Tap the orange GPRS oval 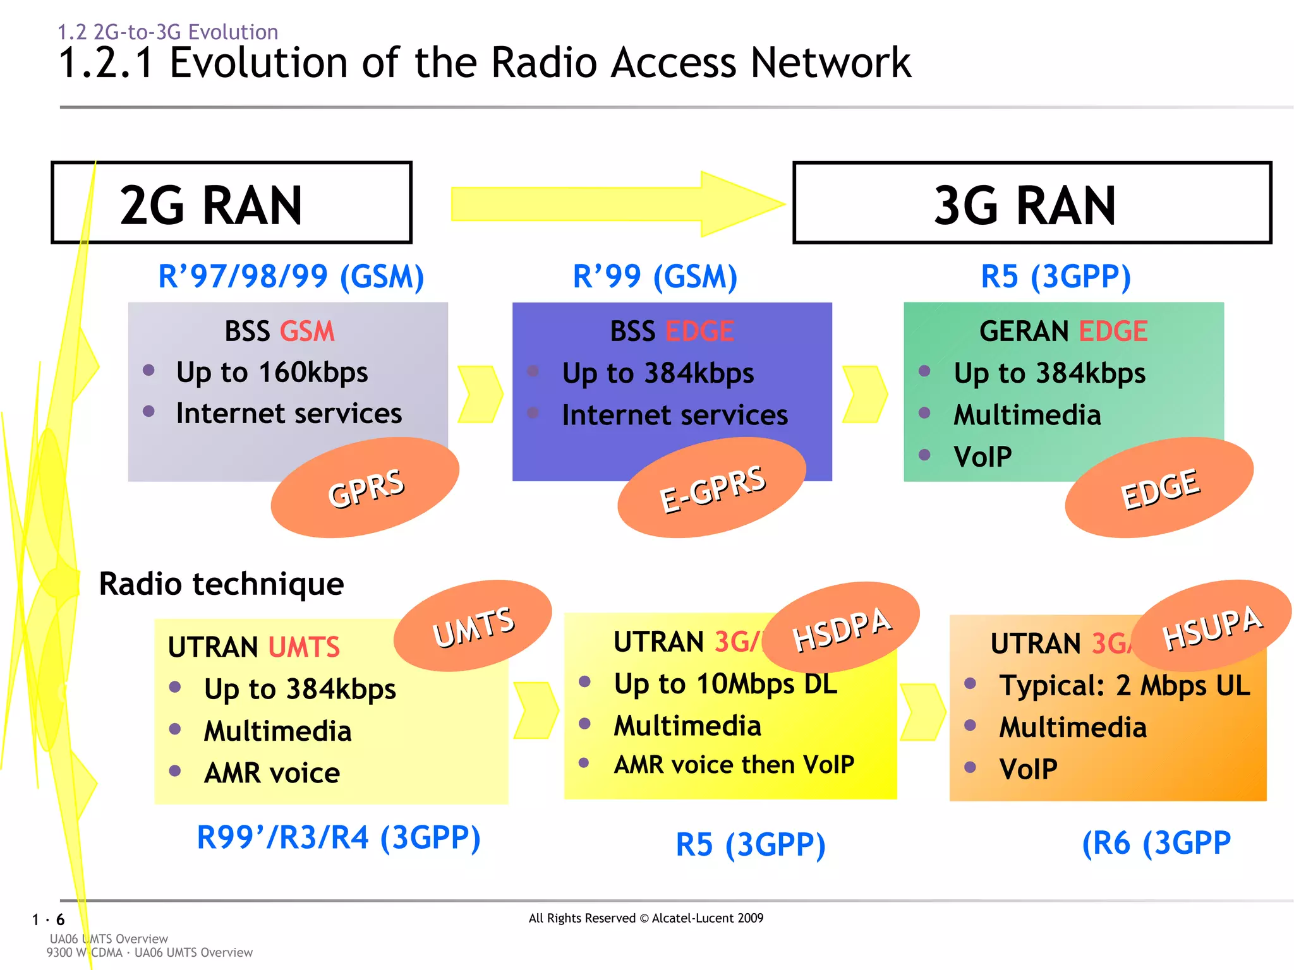tap(365, 488)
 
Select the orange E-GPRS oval tap(711, 488)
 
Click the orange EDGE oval tap(1159, 488)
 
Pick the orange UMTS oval tap(473, 626)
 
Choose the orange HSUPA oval tap(1211, 626)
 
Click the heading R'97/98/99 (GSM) tap(291, 277)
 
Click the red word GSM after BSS tap(307, 331)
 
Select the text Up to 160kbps tap(272, 372)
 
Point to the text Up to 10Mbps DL tap(725, 684)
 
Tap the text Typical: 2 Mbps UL tap(1124, 686)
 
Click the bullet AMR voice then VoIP tap(734, 765)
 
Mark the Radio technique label tap(221, 584)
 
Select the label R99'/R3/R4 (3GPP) tap(339, 838)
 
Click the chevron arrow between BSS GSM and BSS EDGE tap(480, 393)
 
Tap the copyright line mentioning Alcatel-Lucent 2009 tap(646, 918)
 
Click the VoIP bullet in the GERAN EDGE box tap(983, 457)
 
